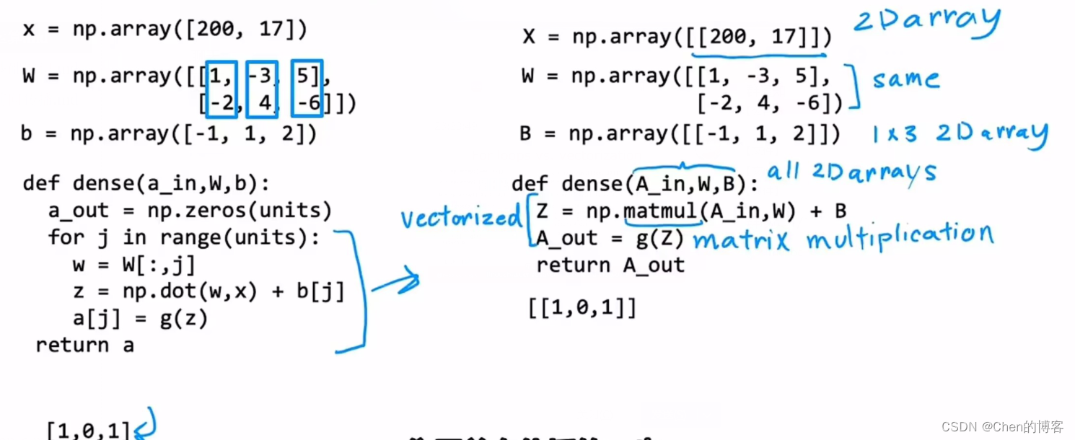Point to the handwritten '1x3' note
pos(894,134)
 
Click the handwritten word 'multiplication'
pos(900,237)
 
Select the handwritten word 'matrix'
pos(741,239)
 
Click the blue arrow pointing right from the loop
pos(396,281)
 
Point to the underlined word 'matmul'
pos(660,211)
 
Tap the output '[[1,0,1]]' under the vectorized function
pos(582,307)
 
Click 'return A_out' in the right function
pos(610,265)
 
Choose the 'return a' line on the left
pos(84,346)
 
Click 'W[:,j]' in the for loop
pos(159,265)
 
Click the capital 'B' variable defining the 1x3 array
pos(525,134)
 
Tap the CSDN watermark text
pos(1002,426)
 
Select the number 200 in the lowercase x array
pos(215,30)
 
